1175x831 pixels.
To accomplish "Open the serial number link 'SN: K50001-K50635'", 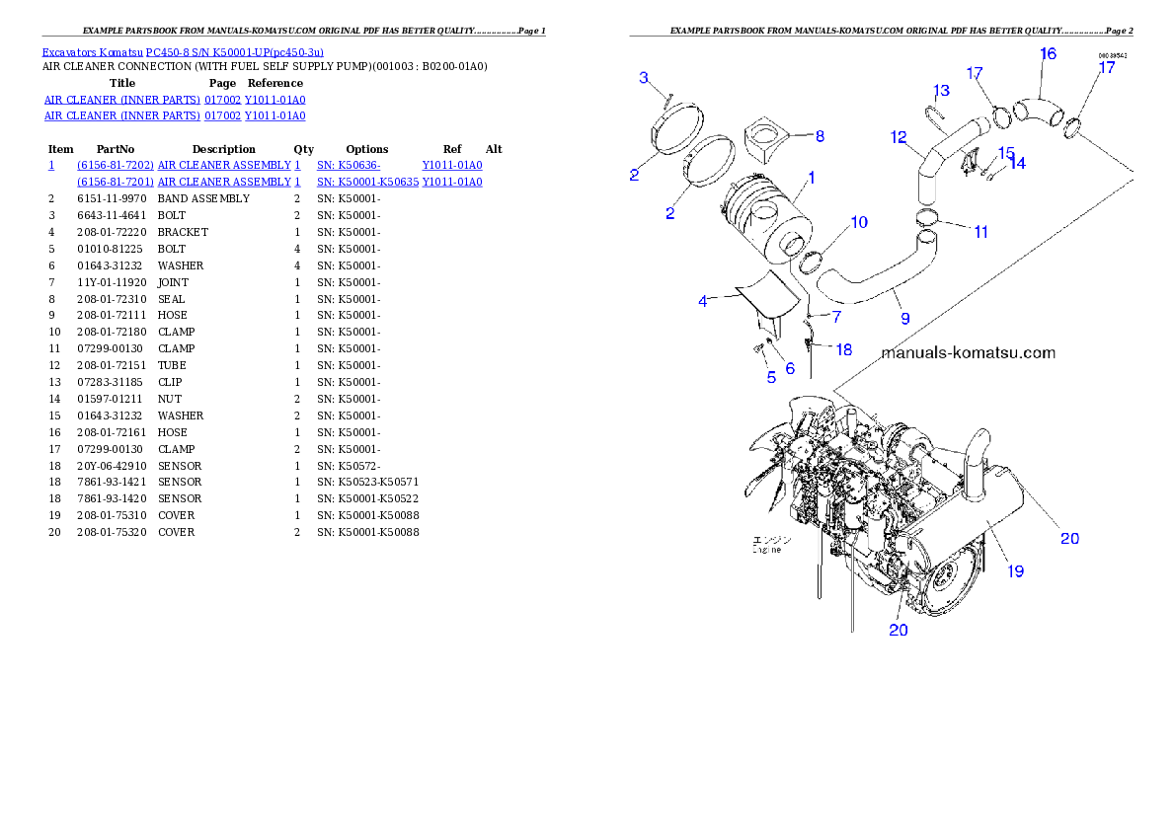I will click(x=367, y=183).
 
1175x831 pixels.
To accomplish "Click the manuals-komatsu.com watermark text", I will click(x=968, y=353).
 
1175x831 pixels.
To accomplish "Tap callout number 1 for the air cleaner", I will click(x=811, y=179).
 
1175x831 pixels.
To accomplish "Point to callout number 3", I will click(x=644, y=78).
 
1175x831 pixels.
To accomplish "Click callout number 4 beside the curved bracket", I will click(x=703, y=301).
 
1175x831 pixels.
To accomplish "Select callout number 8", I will click(x=820, y=135).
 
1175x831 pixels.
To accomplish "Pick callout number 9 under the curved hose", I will click(x=904, y=319).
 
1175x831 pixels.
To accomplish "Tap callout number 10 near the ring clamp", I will click(x=859, y=223).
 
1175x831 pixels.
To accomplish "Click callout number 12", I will click(x=899, y=138).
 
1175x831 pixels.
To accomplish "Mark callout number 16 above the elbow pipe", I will click(x=1048, y=53).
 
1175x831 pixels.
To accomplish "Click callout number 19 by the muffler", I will click(x=1015, y=571).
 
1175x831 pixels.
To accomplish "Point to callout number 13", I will click(x=941, y=91).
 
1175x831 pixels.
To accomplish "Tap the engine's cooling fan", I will click(x=780, y=454).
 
